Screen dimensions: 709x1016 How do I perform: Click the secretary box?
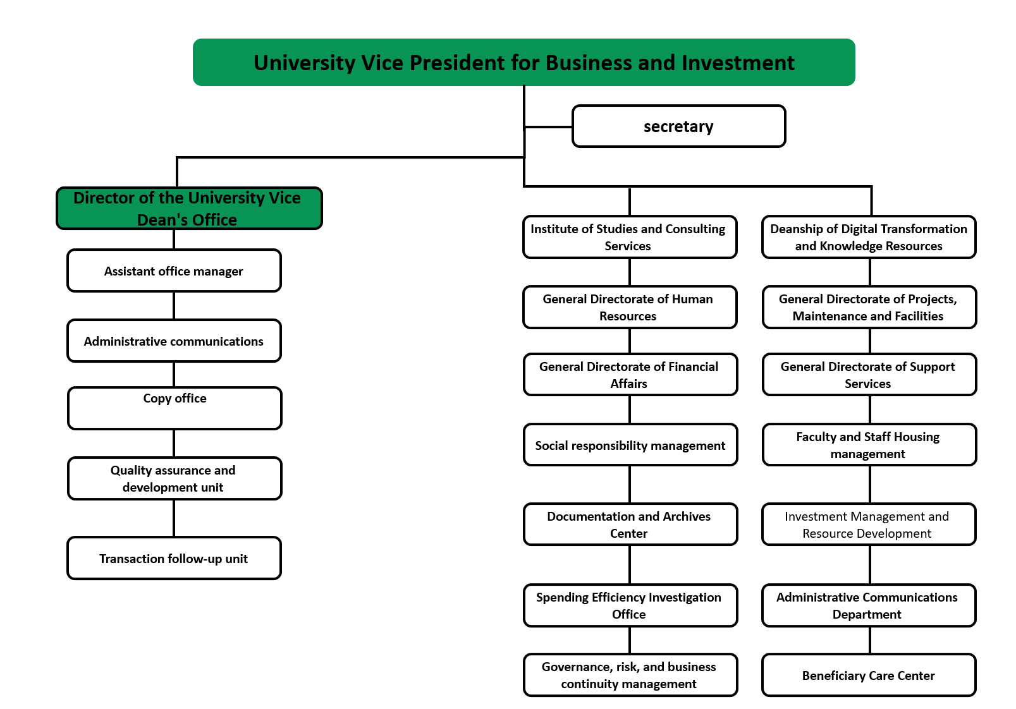[678, 126]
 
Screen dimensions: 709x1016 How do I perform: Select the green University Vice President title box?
[523, 63]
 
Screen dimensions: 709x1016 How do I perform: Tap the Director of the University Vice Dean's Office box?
[189, 209]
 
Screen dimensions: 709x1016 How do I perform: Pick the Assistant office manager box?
[174, 271]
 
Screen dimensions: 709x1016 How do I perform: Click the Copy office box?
[174, 408]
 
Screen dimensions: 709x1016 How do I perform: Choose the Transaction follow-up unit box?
[174, 559]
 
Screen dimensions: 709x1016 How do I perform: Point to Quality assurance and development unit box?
[174, 479]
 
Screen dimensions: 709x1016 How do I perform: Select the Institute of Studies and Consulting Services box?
[630, 238]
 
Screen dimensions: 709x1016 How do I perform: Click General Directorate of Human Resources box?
[630, 308]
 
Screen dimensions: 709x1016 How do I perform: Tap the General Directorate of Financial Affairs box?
[630, 375]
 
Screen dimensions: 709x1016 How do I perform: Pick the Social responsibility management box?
[630, 445]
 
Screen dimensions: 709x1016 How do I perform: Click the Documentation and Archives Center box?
[630, 524]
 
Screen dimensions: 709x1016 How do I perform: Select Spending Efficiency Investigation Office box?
[630, 605]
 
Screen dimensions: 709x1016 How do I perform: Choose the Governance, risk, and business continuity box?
[630, 676]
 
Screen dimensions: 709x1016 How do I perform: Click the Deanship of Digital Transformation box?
[869, 238]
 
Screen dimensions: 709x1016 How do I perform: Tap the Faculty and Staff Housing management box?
[869, 445]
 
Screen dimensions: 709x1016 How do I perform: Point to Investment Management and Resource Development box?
[869, 524]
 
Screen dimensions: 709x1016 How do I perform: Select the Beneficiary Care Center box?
[869, 676]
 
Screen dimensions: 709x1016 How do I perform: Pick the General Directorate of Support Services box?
[869, 375]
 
